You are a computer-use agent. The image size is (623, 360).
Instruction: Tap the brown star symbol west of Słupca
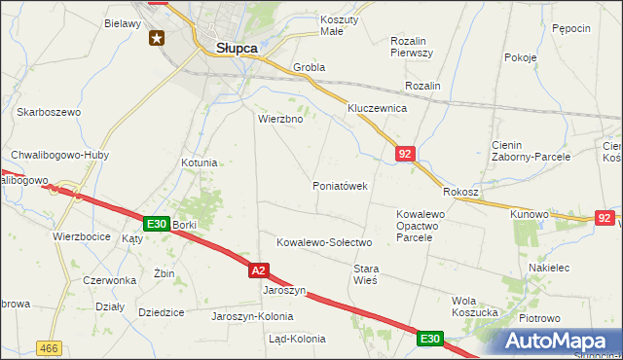point(157,38)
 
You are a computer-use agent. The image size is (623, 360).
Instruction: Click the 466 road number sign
point(49,347)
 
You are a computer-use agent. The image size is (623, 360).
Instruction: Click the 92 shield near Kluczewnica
point(406,153)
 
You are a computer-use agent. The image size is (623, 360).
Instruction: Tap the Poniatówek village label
point(340,186)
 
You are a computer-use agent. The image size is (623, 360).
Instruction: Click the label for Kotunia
point(200,162)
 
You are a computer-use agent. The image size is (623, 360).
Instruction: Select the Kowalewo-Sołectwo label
point(325,242)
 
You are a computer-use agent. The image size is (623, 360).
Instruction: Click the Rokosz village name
point(461,193)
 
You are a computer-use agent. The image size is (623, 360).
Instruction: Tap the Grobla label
point(309,68)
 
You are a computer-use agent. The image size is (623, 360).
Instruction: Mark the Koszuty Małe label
point(340,25)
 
